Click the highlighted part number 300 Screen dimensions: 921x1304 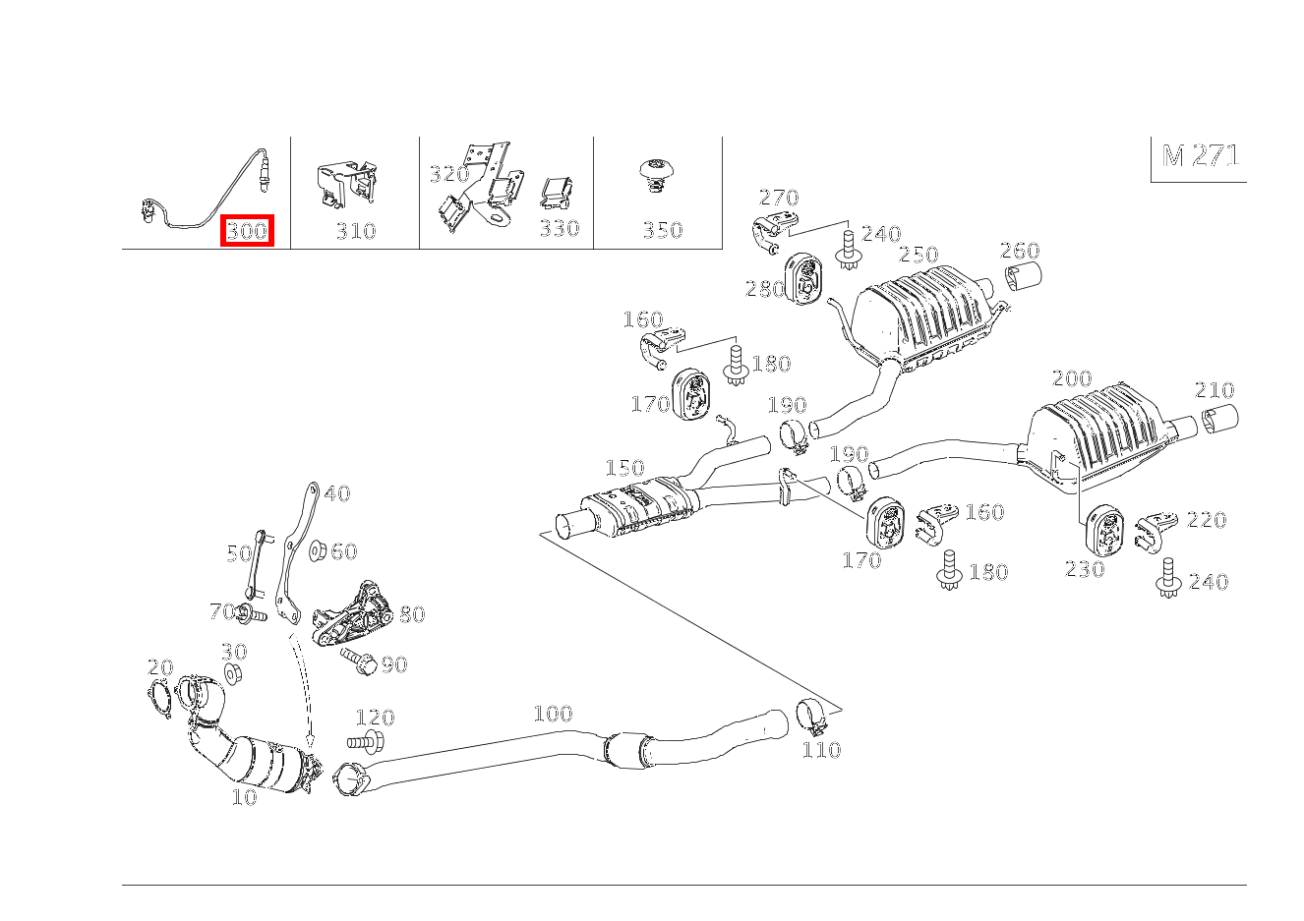coord(247,231)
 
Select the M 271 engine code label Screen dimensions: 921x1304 coord(1200,156)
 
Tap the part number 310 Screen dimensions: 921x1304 coord(356,231)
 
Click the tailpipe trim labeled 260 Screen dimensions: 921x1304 coord(1023,277)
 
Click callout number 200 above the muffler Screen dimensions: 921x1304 coord(1071,378)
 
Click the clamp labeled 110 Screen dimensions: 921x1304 coord(812,717)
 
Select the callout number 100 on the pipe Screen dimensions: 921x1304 coord(553,715)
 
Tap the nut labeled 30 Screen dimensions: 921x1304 coord(233,674)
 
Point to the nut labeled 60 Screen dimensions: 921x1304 coord(318,550)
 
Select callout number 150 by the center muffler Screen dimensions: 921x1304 coord(624,469)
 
